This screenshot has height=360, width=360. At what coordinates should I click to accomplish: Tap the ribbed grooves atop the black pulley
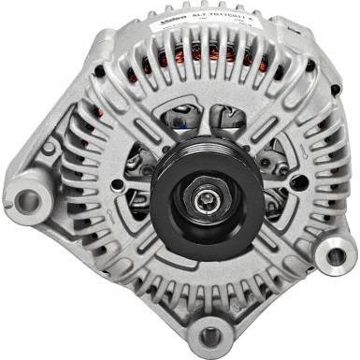[208, 153]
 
